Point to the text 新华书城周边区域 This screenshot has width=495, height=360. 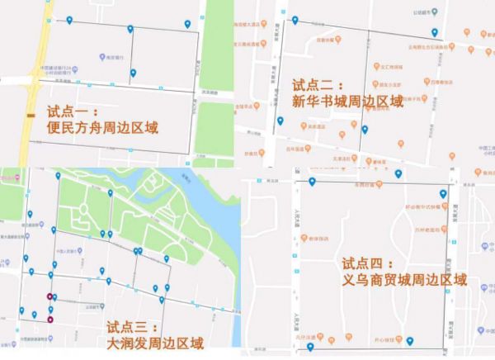click(347, 102)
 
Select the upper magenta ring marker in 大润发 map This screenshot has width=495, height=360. click(50, 296)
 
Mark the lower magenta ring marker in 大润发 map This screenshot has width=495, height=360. click(50, 319)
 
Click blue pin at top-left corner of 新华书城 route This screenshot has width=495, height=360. click(295, 18)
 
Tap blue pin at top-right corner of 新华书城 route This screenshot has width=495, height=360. click(435, 32)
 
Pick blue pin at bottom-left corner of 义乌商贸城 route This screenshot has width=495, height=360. click(309, 348)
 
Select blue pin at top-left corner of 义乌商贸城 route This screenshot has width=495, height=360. click(311, 182)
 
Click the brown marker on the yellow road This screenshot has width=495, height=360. click(30, 116)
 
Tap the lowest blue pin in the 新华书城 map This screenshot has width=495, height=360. click(364, 129)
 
